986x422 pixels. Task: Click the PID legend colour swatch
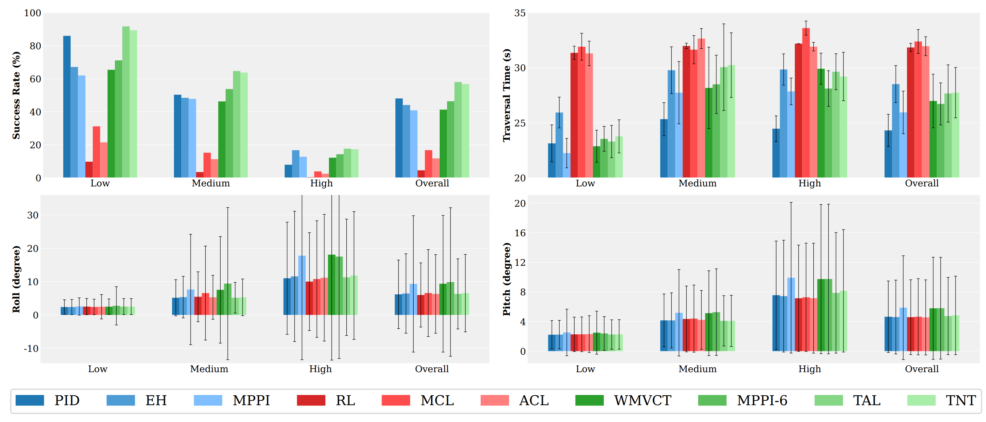(x=30, y=400)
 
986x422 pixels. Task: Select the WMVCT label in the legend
(x=643, y=400)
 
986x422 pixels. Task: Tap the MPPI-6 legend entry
(x=762, y=400)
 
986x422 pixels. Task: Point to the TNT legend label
(x=960, y=400)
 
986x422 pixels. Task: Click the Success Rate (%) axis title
(x=16, y=95)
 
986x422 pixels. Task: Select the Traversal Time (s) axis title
(x=507, y=95)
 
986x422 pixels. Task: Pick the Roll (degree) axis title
(x=16, y=279)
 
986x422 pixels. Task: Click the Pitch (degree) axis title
(x=507, y=279)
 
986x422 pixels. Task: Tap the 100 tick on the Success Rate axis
(x=32, y=13)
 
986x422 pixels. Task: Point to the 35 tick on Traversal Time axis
(x=520, y=13)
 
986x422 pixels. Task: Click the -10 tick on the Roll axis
(x=31, y=348)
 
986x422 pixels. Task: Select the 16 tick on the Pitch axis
(x=520, y=233)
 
